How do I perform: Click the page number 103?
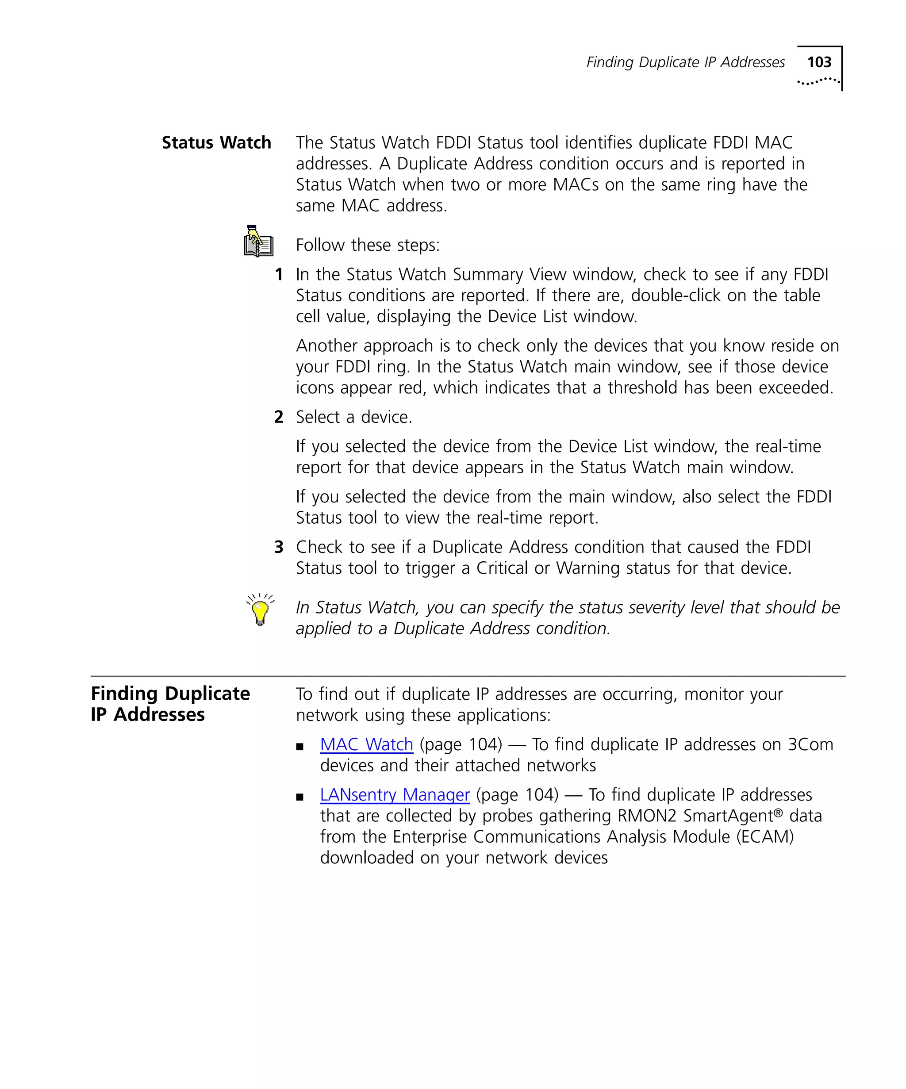tap(819, 62)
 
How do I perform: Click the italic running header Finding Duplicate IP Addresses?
tap(685, 62)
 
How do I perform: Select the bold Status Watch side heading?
tap(216, 142)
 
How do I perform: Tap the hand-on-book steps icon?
tap(258, 242)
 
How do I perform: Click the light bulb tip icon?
tap(260, 610)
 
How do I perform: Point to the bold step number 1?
tap(279, 274)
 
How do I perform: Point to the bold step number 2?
tap(279, 417)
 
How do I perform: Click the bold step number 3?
tap(279, 547)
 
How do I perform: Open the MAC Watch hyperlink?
tap(366, 745)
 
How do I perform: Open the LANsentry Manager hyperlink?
tap(395, 795)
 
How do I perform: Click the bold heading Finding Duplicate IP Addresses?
tap(170, 704)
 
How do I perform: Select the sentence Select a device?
tap(354, 417)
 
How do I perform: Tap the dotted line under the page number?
tap(818, 81)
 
